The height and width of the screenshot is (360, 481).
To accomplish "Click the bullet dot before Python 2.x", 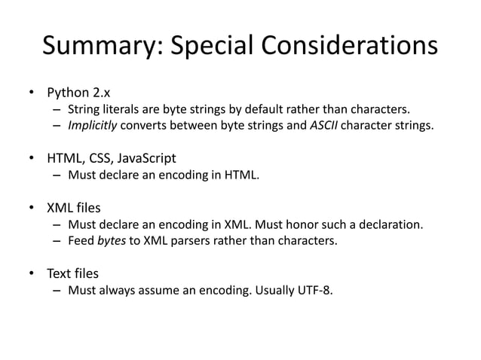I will coord(33,95).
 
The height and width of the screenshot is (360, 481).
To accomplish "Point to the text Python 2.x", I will coord(79,94).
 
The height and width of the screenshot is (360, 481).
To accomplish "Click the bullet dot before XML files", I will coord(33,208).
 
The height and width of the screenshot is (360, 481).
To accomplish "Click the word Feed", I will coord(81,240).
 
